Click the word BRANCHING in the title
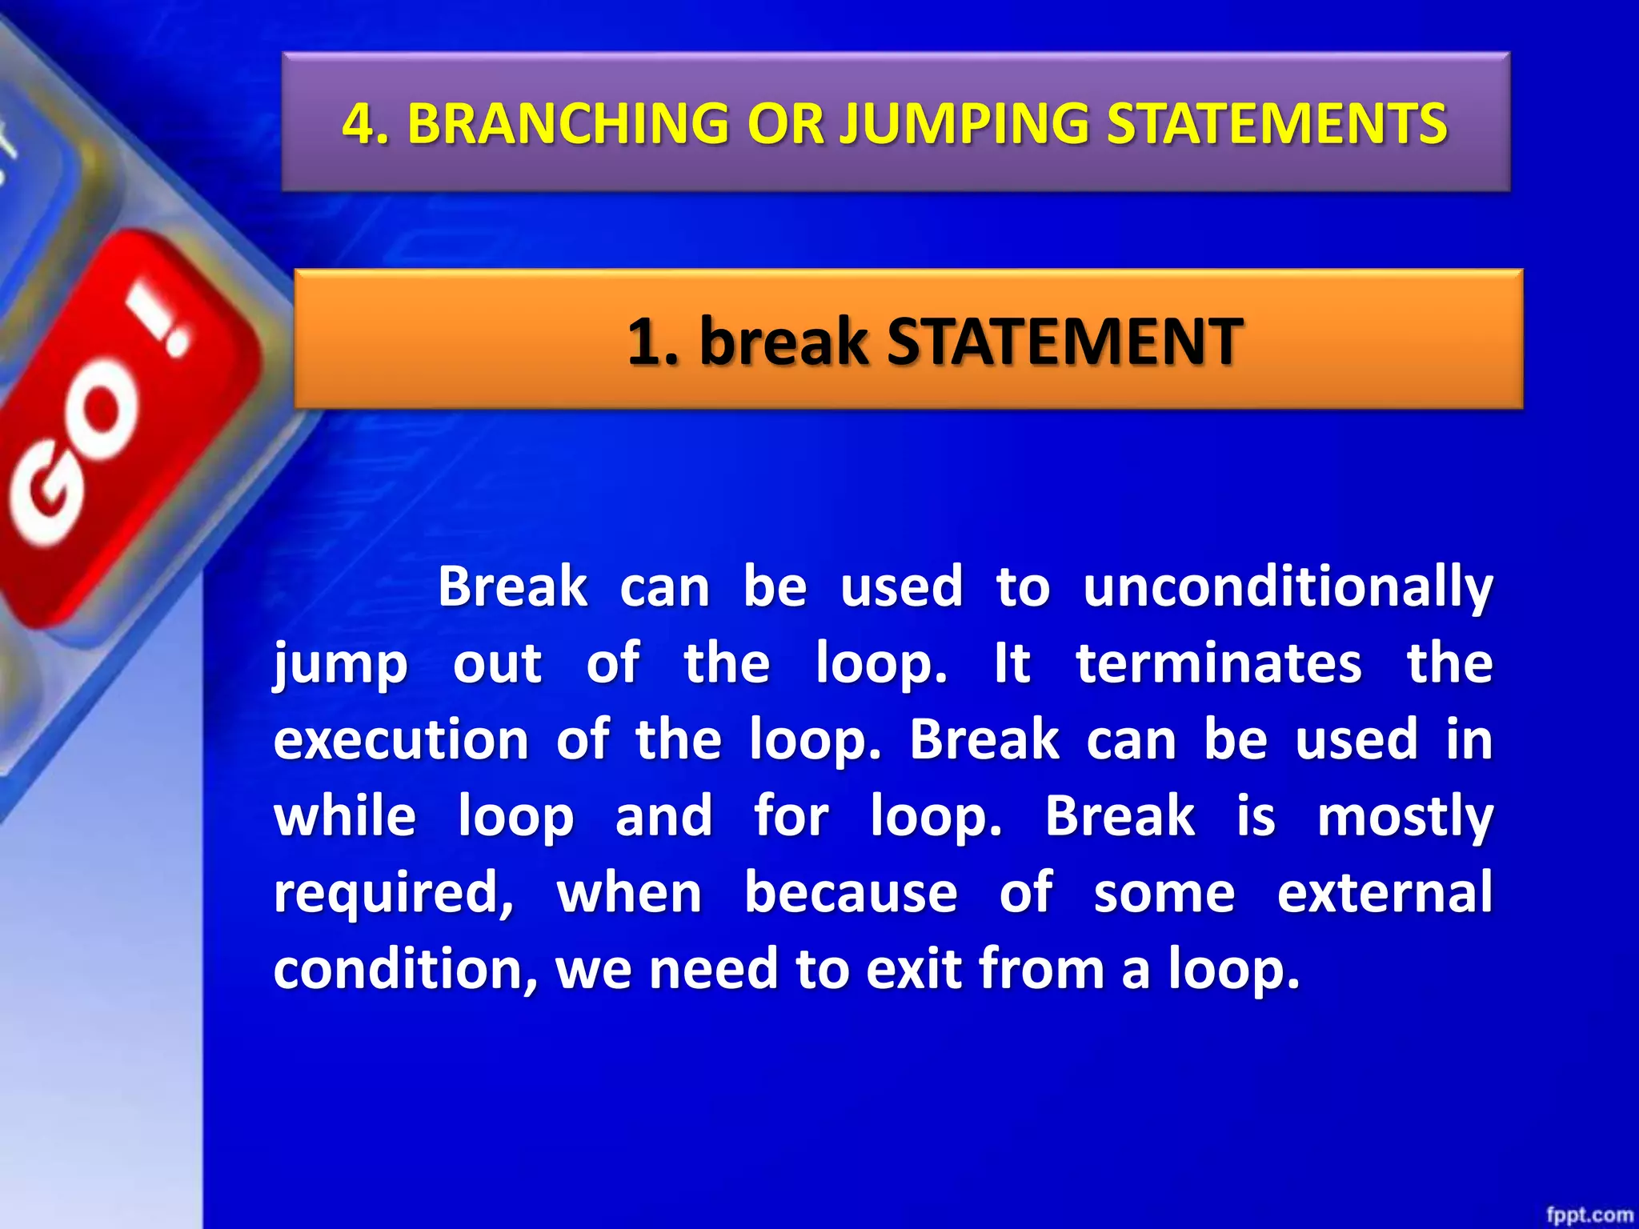coord(567,124)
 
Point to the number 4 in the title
coord(359,124)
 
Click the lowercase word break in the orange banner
coord(783,342)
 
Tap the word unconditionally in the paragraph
coord(1287,588)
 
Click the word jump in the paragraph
coord(341,665)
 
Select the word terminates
coord(1218,663)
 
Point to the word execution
coord(401,740)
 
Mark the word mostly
coord(1405,818)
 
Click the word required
coord(393,894)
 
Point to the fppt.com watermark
coord(1589,1215)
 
